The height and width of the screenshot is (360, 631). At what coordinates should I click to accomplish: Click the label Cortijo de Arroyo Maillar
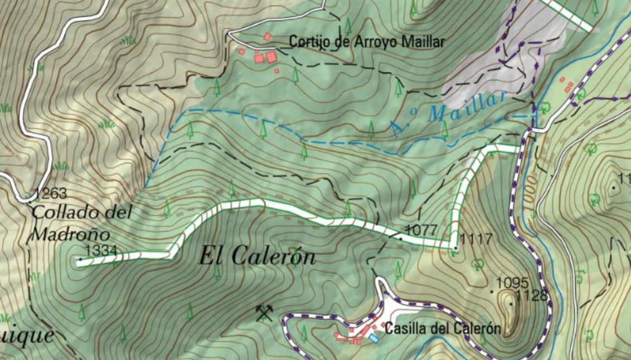367,42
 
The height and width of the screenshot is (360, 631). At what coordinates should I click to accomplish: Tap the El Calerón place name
258,256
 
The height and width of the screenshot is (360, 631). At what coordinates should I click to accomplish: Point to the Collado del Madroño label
82,222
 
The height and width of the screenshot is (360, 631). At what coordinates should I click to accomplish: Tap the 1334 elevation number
100,251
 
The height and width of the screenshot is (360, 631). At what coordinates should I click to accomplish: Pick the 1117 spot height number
477,240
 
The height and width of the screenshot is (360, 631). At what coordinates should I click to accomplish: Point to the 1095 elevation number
512,282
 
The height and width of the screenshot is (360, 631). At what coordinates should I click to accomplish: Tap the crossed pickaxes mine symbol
264,313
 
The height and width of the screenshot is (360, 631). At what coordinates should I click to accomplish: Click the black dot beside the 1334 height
80,259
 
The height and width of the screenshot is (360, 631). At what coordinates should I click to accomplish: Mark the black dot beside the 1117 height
456,247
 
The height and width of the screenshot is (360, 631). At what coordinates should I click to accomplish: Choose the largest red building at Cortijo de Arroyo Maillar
271,57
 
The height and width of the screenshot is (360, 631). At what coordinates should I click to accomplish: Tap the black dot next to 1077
400,238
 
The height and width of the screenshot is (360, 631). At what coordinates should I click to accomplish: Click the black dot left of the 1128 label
511,304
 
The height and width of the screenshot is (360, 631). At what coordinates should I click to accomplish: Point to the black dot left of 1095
492,291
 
